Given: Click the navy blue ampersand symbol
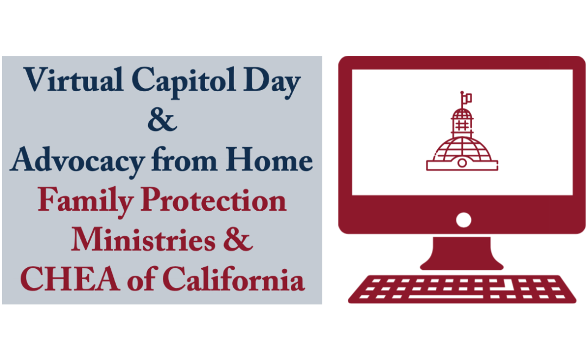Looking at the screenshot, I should (x=162, y=121).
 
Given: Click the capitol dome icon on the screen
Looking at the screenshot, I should (x=462, y=138).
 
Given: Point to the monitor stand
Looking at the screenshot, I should (x=462, y=254).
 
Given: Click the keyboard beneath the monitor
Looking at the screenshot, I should (x=462, y=288).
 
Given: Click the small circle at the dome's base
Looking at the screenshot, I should (x=462, y=162).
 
